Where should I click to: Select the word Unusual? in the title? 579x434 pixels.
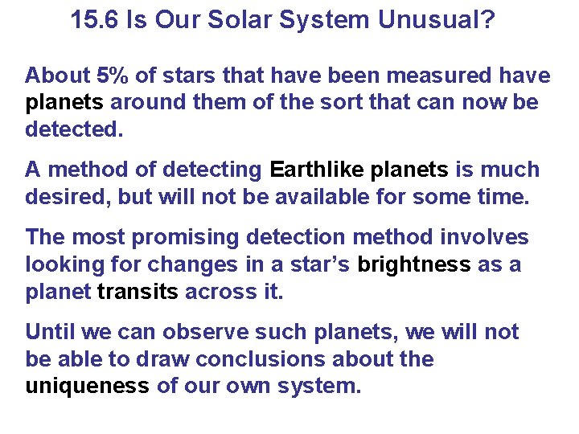[437, 20]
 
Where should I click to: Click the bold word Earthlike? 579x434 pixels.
[318, 170]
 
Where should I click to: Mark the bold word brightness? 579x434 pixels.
[414, 264]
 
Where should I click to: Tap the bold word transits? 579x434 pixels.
[138, 291]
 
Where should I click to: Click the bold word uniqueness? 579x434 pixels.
[87, 385]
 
